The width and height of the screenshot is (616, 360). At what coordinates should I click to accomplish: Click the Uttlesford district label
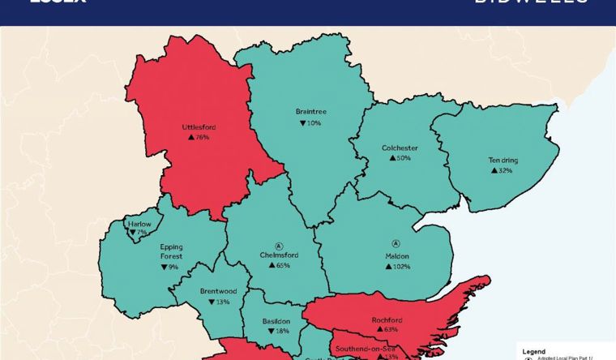[x=199, y=126]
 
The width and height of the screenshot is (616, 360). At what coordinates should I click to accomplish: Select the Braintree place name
[x=310, y=112]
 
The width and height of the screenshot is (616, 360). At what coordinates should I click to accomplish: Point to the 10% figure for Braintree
[x=310, y=123]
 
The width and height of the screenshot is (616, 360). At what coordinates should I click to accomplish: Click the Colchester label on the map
[x=400, y=148]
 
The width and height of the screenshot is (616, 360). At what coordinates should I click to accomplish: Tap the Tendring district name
[x=503, y=160]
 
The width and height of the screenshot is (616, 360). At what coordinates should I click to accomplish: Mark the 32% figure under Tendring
[x=502, y=171]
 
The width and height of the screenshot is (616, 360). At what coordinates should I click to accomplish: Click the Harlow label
[x=139, y=224]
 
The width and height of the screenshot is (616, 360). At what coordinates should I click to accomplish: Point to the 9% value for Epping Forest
[x=169, y=267]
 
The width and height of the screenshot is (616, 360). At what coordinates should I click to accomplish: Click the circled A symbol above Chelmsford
[x=278, y=244]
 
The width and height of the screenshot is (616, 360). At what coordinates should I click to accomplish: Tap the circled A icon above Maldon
[x=396, y=243]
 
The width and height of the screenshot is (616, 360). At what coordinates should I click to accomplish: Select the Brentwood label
[x=219, y=290]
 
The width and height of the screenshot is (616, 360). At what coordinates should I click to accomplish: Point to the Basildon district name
[x=276, y=321]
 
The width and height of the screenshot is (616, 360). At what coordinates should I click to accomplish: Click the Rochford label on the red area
[x=386, y=319]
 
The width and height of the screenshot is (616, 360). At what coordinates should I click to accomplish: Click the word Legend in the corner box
[x=534, y=351]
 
